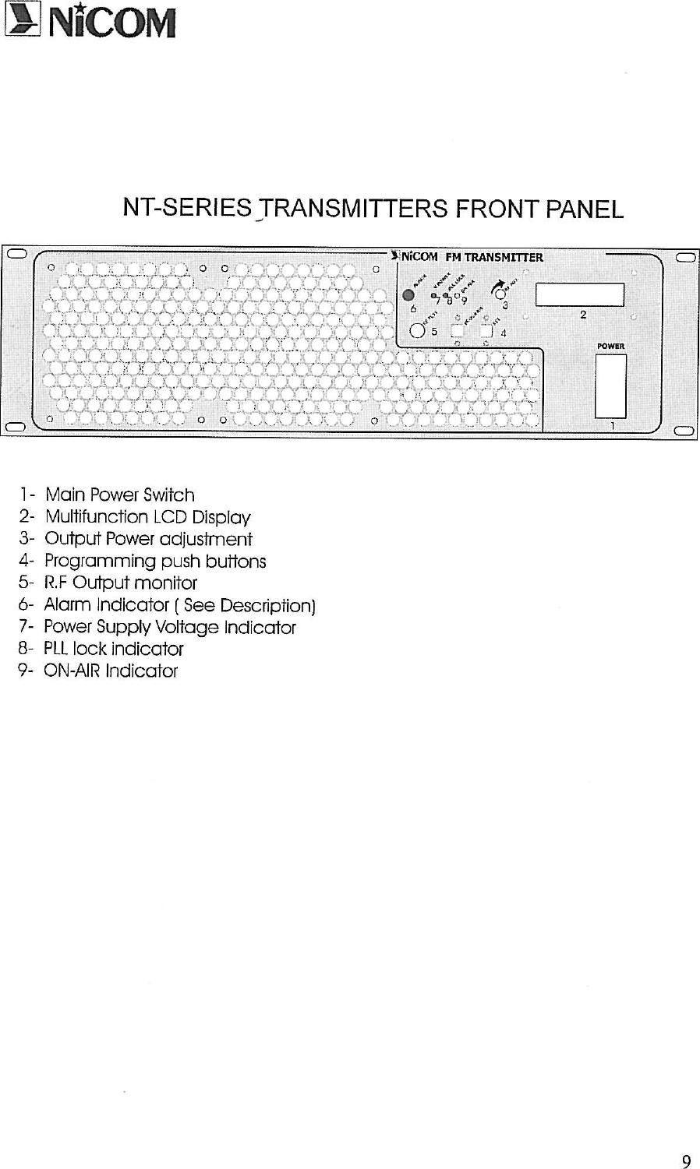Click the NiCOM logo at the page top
pyautogui.click(x=89, y=23)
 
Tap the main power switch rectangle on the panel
pyautogui.click(x=610, y=386)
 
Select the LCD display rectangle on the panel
pyautogui.click(x=579, y=294)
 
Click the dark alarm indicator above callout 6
pyautogui.click(x=408, y=295)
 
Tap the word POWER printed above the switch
pyautogui.click(x=611, y=346)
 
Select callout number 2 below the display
pyautogui.click(x=583, y=315)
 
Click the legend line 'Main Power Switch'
pyautogui.click(x=119, y=495)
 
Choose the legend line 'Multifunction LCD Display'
pyautogui.click(x=147, y=517)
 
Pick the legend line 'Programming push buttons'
pyautogui.click(x=154, y=561)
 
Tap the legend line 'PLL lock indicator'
pyautogui.click(x=113, y=649)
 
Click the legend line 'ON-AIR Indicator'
pyautogui.click(x=110, y=671)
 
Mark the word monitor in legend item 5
pyautogui.click(x=165, y=583)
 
